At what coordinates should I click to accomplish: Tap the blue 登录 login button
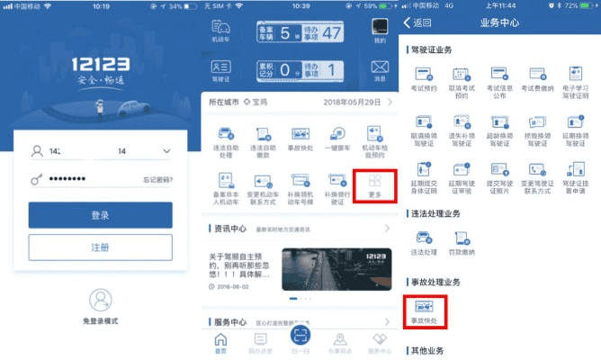point(100,214)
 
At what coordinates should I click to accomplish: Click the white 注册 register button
point(100,247)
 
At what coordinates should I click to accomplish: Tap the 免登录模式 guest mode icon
point(100,300)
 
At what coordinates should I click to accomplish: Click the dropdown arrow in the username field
point(167,150)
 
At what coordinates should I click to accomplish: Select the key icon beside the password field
point(36,180)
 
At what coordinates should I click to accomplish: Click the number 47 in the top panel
point(333,33)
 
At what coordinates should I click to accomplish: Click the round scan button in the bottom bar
point(300,337)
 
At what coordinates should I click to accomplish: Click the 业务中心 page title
point(502,22)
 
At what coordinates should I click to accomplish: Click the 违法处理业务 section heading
point(435,212)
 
